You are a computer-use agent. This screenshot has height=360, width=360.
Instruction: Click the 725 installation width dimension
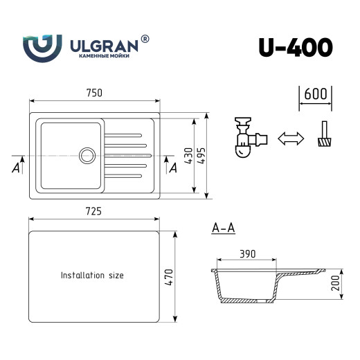click(94, 211)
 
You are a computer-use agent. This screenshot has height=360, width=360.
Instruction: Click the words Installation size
click(92, 275)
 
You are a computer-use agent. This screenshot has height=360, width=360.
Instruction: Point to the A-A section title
click(223, 227)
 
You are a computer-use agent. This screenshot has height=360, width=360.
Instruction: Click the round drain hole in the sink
click(88, 154)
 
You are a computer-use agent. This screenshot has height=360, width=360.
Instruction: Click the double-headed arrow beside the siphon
click(290, 138)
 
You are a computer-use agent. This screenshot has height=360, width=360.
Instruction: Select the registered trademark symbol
click(145, 39)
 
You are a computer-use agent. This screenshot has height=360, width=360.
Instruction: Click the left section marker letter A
click(15, 168)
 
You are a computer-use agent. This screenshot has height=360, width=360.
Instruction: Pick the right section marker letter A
click(173, 168)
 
